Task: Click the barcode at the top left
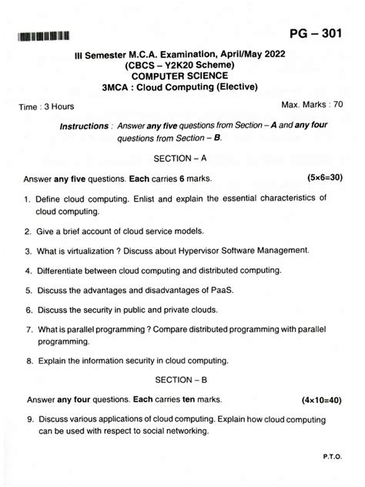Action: (x=45, y=35)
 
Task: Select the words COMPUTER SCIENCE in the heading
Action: (x=181, y=76)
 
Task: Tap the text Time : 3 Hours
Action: (x=47, y=107)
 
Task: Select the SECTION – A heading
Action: (x=181, y=158)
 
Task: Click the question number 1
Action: (x=28, y=199)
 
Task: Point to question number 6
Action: (x=28, y=311)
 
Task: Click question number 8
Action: (x=28, y=360)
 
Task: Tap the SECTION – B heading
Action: (x=181, y=380)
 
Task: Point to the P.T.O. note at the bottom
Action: (x=332, y=456)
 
